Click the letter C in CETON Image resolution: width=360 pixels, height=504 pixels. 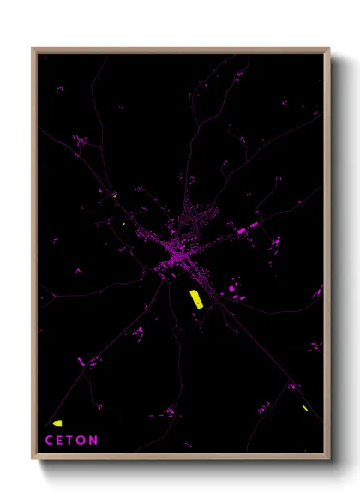tap(49, 441)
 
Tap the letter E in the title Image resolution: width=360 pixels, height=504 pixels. tap(61, 441)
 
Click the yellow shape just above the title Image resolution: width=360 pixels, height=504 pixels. tap(57, 423)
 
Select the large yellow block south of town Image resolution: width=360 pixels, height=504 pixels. tap(195, 298)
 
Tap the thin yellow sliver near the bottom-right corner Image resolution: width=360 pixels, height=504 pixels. tap(304, 407)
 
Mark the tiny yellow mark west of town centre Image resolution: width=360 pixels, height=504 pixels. tap(125, 225)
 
